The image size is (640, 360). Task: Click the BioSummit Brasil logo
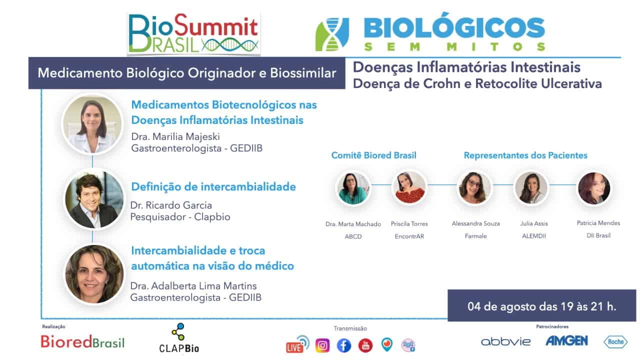click(x=193, y=33)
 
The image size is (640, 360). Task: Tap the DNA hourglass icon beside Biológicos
click(x=332, y=34)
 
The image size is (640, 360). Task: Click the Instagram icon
click(x=322, y=345)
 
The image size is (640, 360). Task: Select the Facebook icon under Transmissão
click(x=343, y=345)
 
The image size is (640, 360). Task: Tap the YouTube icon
click(x=365, y=345)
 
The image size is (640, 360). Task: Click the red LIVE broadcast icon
click(x=297, y=344)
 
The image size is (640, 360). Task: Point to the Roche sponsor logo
click(x=615, y=341)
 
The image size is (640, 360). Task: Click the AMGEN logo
click(x=567, y=341)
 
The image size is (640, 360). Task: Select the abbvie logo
click(x=505, y=341)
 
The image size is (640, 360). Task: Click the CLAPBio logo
click(x=179, y=338)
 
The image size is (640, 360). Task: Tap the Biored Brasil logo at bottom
click(x=82, y=341)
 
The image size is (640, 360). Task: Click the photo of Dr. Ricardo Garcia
click(x=94, y=199)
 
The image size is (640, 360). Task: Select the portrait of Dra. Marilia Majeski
click(x=92, y=124)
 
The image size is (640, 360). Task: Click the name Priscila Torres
click(x=409, y=224)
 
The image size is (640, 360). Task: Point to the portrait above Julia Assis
click(x=531, y=187)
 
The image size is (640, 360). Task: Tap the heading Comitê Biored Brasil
click(x=373, y=155)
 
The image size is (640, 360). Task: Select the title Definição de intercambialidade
click(x=213, y=187)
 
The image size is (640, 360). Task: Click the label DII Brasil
click(x=598, y=235)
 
